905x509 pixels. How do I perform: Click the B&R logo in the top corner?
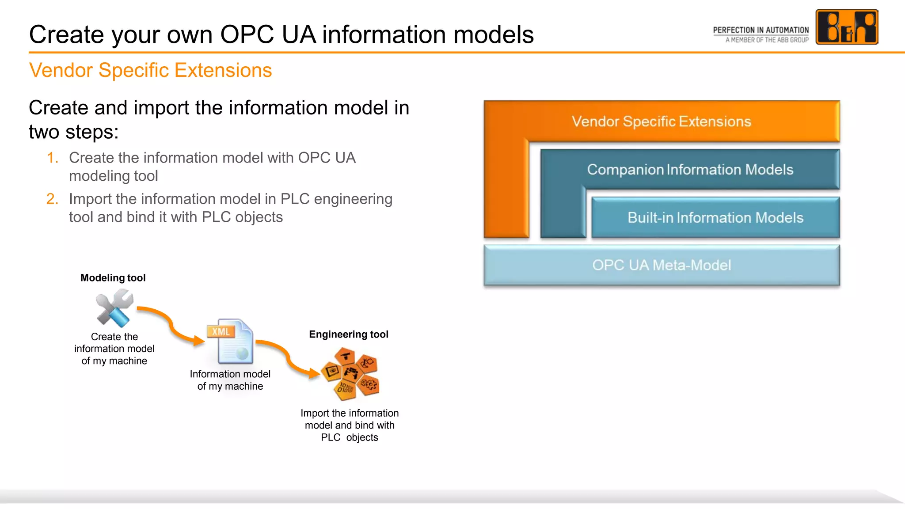coord(846,27)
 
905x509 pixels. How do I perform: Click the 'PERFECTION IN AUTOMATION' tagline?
coord(761,30)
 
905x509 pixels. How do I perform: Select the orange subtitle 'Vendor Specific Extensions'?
coord(150,70)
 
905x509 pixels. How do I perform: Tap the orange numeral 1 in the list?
coord(53,158)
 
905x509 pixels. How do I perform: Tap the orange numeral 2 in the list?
coord(52,199)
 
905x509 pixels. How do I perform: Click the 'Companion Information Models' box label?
coord(690,170)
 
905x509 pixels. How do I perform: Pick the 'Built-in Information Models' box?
coord(715,217)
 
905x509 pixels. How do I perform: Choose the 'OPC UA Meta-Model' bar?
coord(661,265)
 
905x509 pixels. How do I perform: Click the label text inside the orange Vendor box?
coord(661,122)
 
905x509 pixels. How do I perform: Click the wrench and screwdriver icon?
coord(114,308)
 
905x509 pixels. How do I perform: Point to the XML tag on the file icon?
coord(221,331)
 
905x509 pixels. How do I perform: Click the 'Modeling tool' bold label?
coord(113,278)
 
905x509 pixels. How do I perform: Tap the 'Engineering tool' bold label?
coord(348,334)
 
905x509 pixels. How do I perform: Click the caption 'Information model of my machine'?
coord(230,380)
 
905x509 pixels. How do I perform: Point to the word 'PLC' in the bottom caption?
coord(330,437)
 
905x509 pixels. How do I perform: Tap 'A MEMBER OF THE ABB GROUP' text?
coord(767,40)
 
